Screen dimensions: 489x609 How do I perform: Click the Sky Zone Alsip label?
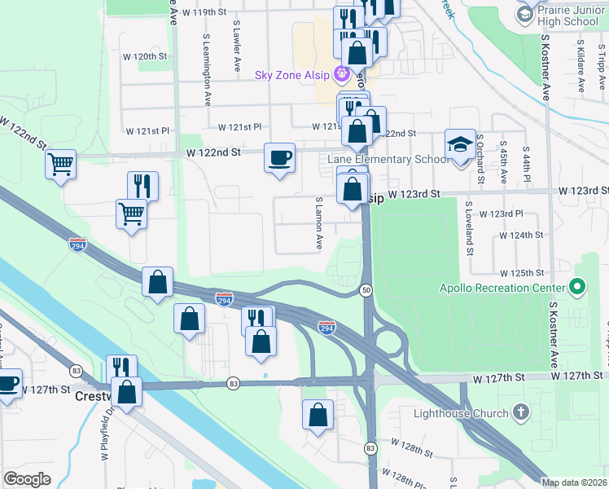pos(291,76)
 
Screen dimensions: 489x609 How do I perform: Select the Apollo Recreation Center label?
pos(502,288)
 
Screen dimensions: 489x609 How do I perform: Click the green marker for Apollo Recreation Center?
pos(577,287)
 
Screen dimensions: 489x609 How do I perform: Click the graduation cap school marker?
pos(460,144)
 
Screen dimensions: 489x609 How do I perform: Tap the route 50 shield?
pos(367,291)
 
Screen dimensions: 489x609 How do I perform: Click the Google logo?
pos(27,479)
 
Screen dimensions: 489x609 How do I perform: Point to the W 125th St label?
pos(522,272)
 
